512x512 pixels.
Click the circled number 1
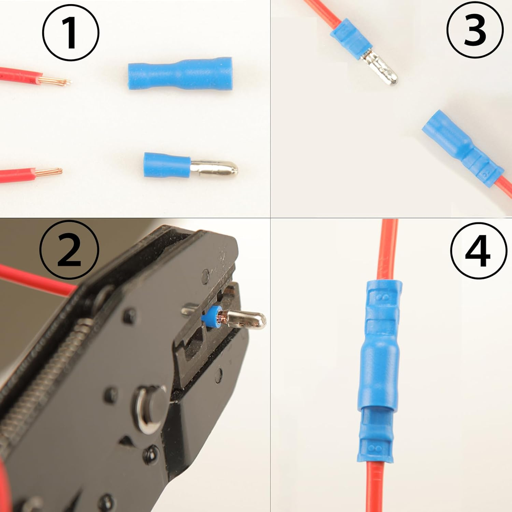(x=71, y=33)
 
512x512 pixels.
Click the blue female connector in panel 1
(x=180, y=73)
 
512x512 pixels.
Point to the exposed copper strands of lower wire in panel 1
(x=49, y=171)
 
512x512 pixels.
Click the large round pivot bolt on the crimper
(x=151, y=409)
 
